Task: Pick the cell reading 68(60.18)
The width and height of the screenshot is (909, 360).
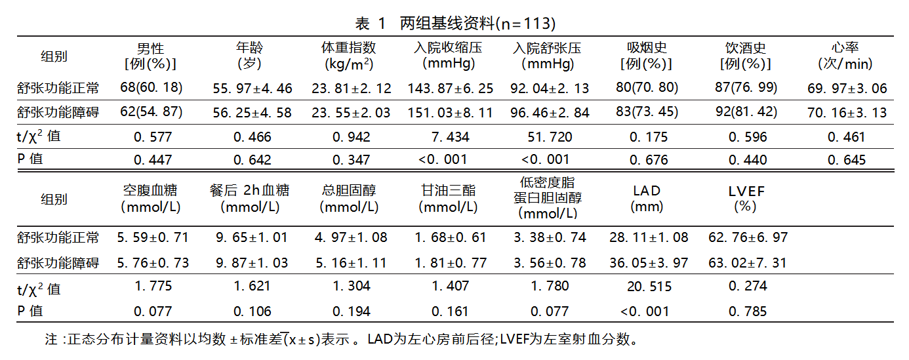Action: click(151, 88)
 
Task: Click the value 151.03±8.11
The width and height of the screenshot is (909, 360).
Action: click(450, 113)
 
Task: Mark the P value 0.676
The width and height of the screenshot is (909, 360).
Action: click(648, 160)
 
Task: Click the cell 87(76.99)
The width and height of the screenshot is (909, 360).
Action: click(746, 88)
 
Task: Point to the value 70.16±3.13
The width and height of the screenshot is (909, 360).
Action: click(846, 113)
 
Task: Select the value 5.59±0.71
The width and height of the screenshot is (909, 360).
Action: click(153, 237)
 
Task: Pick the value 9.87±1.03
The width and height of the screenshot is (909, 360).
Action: click(252, 263)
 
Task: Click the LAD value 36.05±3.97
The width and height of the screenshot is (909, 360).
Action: click(648, 263)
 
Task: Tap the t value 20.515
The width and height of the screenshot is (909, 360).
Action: click(648, 286)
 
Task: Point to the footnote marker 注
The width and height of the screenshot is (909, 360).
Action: click(51, 340)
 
